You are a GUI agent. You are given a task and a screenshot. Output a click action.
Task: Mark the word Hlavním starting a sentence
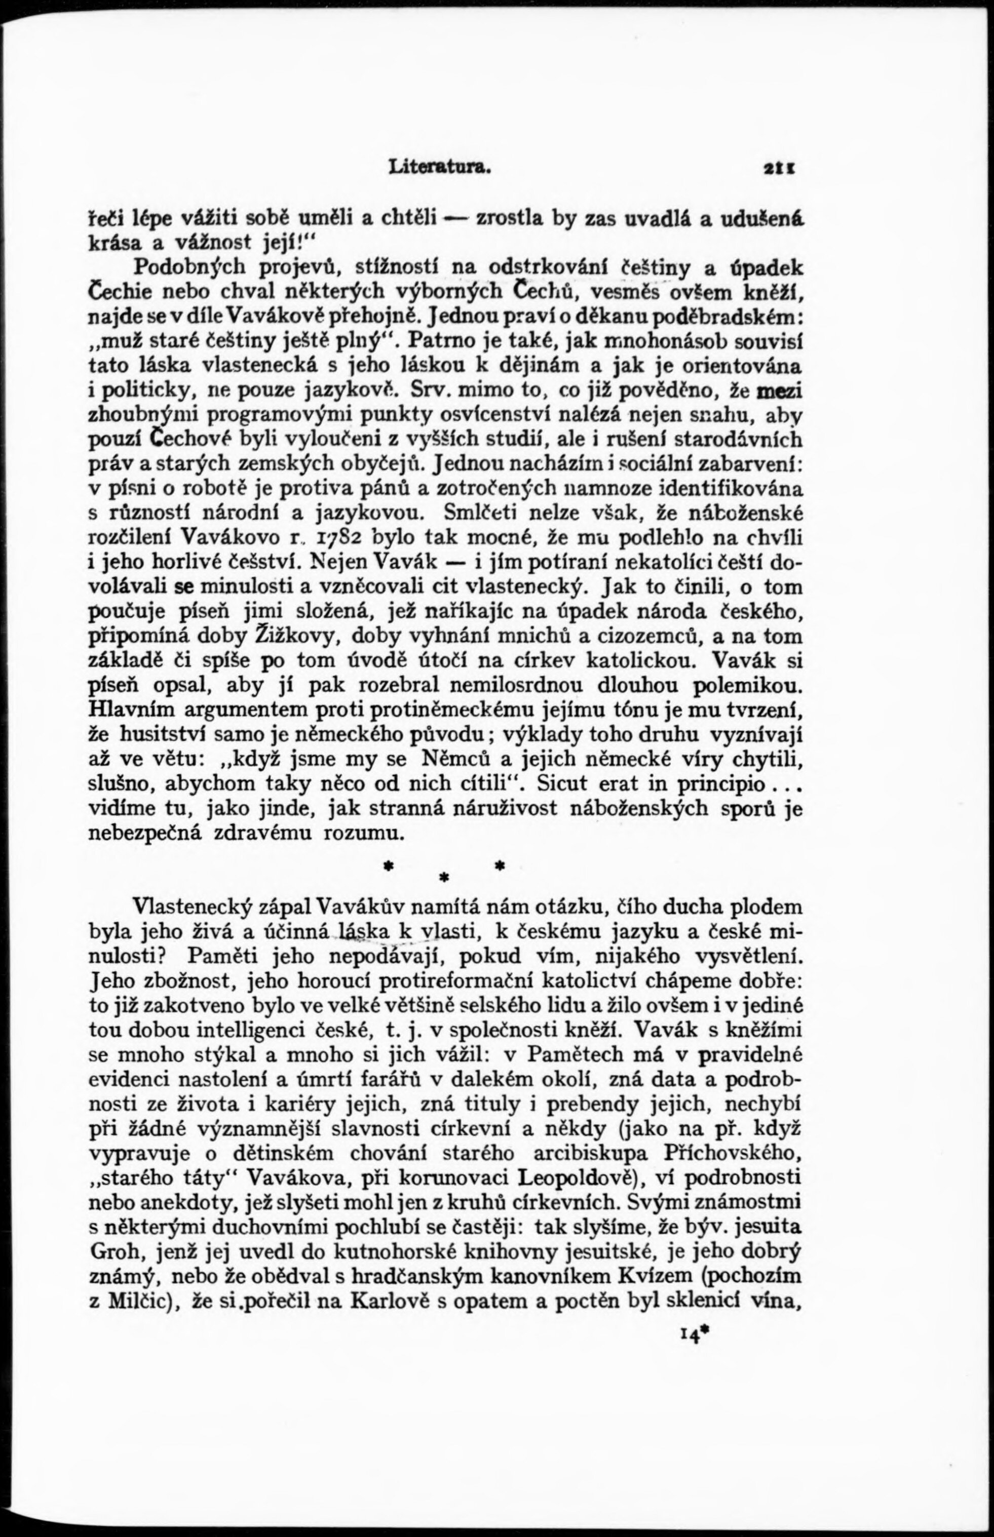coord(130,711)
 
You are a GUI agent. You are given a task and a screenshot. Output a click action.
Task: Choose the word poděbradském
coord(716,316)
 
